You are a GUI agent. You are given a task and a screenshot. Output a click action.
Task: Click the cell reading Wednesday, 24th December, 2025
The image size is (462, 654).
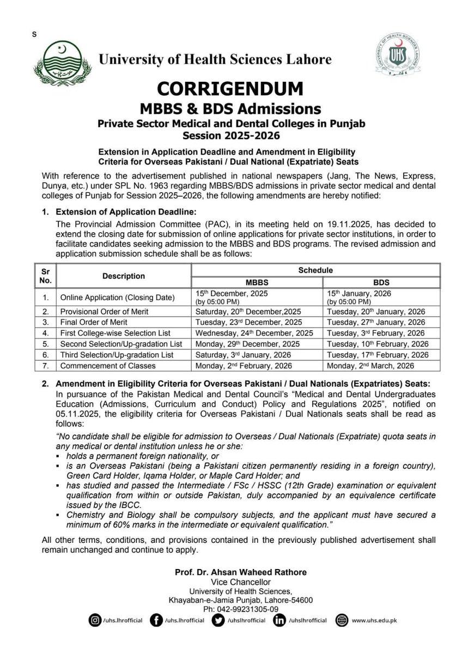[x=254, y=333]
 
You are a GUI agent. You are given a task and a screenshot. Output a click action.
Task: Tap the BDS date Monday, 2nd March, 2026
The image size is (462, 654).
[x=370, y=366]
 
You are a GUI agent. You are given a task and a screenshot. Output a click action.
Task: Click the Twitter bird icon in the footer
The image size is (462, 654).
[x=217, y=620]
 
